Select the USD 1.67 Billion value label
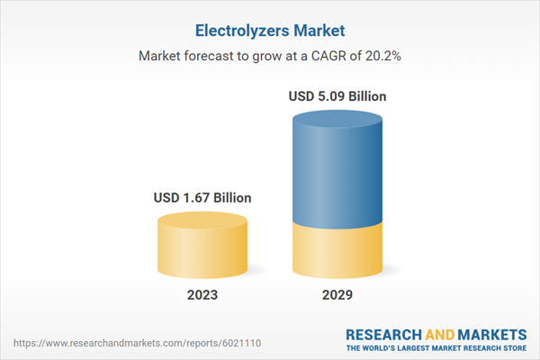pyautogui.click(x=202, y=197)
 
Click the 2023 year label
pyautogui.click(x=202, y=295)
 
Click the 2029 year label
pyautogui.click(x=337, y=295)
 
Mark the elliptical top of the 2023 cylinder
pyautogui.click(x=202, y=221)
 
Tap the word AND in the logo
pyautogui.click(x=443, y=331)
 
